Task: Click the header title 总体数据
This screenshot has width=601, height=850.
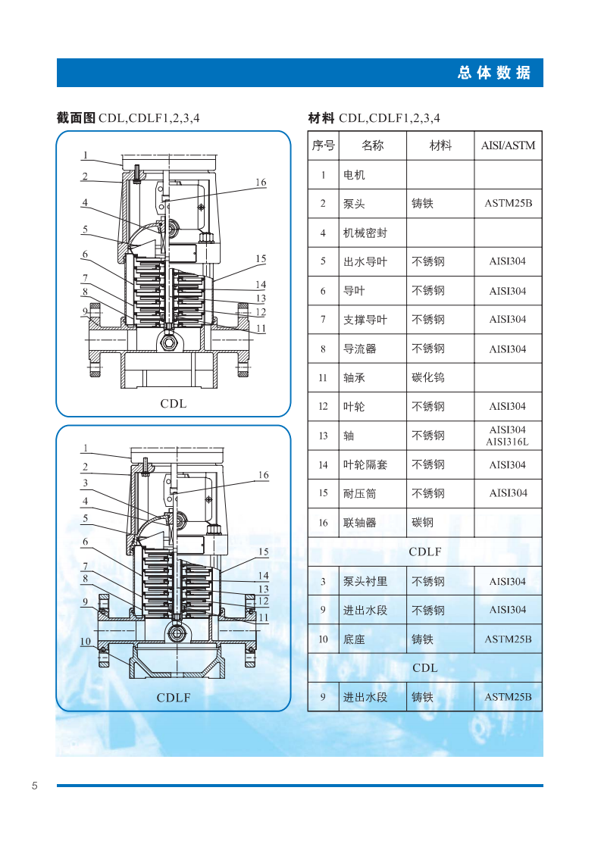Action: coord(494,73)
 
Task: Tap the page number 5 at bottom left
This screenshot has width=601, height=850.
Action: coord(35,785)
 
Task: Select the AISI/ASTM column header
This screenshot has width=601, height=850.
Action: coord(508,145)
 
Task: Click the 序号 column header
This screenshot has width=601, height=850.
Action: coord(323,145)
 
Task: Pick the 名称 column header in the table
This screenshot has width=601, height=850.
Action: coord(372,145)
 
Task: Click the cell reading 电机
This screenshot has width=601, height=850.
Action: coord(354,175)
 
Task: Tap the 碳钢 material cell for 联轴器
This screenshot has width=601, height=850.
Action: coord(422,523)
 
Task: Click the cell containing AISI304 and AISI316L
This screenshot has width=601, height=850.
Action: coord(508,436)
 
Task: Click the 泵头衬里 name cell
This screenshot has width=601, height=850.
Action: coord(365,582)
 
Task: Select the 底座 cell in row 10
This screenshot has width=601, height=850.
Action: coord(354,639)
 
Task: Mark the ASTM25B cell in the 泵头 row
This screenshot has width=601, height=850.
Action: coord(508,204)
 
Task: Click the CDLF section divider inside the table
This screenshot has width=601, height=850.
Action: coord(424,552)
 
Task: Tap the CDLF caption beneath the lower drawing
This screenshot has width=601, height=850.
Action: coord(174,698)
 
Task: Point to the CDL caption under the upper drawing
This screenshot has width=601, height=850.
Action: coord(173,404)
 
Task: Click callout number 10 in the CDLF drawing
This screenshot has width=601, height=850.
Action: coord(85,642)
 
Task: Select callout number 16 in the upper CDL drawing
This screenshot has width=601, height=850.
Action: coord(261,183)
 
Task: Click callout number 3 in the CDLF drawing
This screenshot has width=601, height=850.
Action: coord(85,483)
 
